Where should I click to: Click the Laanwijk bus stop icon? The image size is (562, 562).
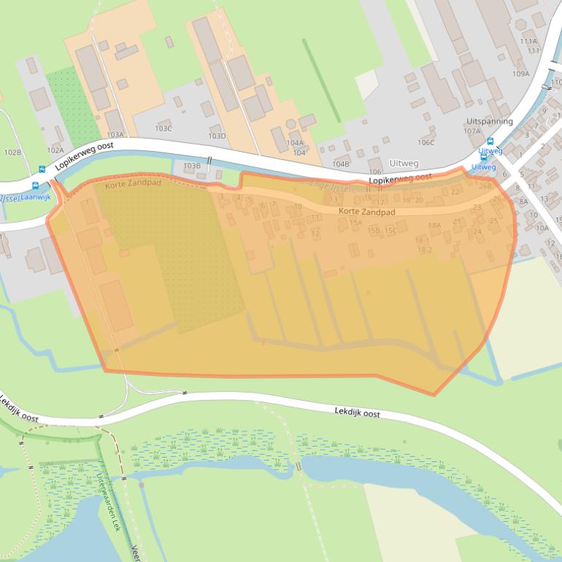tap(35, 186)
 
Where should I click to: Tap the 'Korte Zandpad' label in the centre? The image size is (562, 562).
tap(366, 212)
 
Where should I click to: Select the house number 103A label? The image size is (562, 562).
tap(115, 135)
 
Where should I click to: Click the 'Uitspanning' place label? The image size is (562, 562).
tap(489, 121)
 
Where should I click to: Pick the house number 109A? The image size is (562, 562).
tap(520, 74)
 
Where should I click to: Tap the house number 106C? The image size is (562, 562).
tap(426, 142)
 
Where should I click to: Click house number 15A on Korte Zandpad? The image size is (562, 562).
tap(355, 223)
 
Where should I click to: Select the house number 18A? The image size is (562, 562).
tap(434, 226)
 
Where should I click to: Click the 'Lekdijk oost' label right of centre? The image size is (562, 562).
tap(357, 413)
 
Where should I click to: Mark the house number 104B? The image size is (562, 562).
tap(340, 164)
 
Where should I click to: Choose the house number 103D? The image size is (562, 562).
tap(217, 136)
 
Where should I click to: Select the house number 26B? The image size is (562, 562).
tap(485, 186)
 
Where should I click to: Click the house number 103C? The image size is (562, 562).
tap(163, 128)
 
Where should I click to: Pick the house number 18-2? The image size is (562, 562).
tap(425, 250)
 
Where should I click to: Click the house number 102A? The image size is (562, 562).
tap(55, 150)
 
